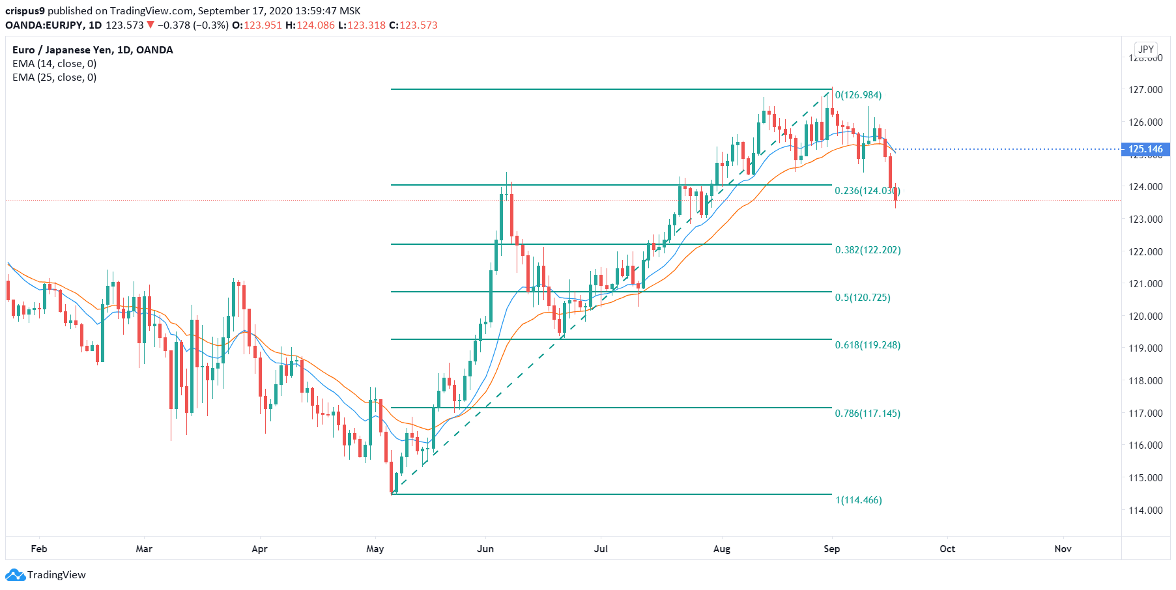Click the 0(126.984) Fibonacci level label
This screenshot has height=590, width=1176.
tap(858, 95)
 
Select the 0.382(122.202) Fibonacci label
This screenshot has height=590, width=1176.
tap(868, 250)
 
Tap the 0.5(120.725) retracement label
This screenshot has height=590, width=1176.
tap(863, 298)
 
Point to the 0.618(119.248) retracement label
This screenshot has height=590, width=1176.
tap(868, 345)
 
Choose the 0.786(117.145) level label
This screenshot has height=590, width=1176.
tap(868, 414)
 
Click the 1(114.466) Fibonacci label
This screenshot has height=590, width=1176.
tap(859, 500)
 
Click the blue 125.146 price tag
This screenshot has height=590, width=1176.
tap(1145, 149)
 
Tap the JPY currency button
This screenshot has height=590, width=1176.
tap(1146, 49)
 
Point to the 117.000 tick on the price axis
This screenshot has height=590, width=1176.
tap(1145, 413)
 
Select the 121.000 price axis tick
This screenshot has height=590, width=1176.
tap(1145, 283)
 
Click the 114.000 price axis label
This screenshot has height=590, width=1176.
tap(1145, 510)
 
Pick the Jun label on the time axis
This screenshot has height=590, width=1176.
tap(485, 549)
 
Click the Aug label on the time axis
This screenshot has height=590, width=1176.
tap(722, 549)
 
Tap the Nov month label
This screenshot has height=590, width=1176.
tap(1063, 549)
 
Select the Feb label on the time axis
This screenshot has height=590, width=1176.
tap(39, 549)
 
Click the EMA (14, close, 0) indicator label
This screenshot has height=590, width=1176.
tap(55, 64)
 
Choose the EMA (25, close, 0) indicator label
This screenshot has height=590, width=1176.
tap(55, 77)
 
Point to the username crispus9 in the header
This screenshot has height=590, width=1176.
tap(25, 11)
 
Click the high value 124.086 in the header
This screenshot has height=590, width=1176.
tap(316, 25)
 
